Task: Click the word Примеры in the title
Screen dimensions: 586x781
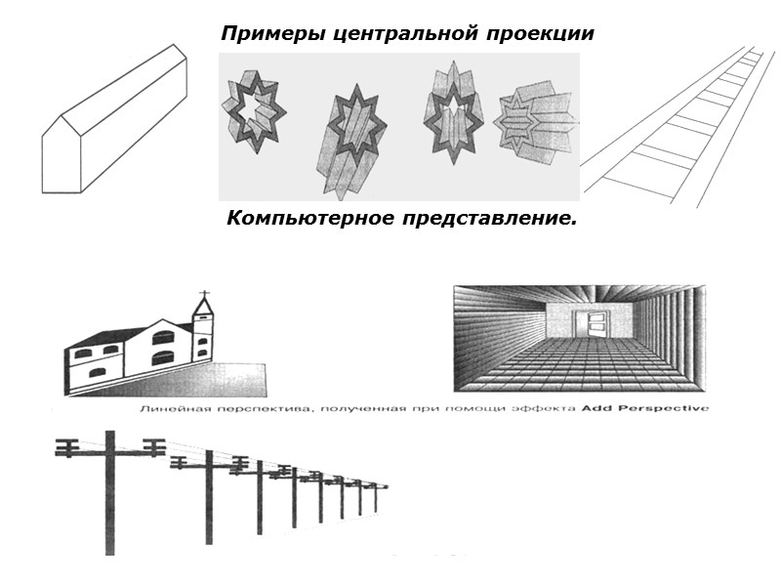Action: (263, 34)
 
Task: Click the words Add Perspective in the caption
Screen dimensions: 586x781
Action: (645, 408)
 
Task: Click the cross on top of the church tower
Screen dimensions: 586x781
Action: (204, 294)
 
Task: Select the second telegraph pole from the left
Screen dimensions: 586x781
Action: (208, 498)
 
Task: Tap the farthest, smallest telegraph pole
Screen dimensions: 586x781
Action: (374, 497)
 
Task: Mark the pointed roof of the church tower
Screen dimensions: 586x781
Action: (204, 308)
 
